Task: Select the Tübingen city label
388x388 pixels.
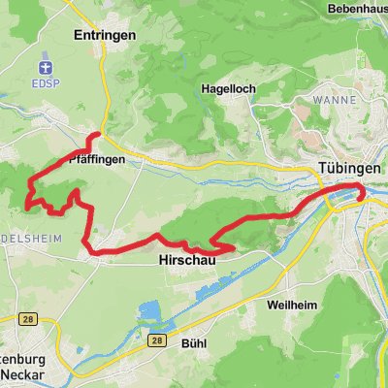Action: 348,169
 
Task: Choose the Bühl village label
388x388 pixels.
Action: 194,342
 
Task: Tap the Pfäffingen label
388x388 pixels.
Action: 100,159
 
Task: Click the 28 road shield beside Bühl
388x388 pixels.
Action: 156,341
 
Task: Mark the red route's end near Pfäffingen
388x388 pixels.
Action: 101,134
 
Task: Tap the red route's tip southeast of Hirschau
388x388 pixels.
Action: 234,249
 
